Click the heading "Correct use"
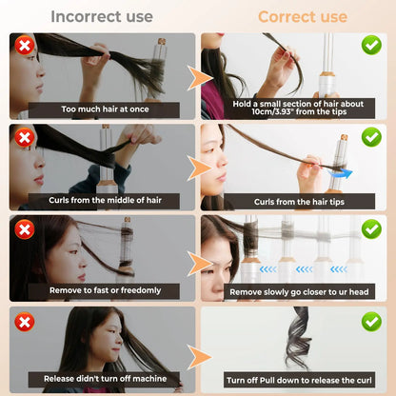(302, 16)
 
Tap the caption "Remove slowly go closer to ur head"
(292, 290)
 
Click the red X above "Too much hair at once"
(25, 45)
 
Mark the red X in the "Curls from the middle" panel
(25, 137)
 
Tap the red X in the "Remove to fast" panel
(25, 228)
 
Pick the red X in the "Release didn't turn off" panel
(25, 321)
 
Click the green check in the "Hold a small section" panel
(371, 45)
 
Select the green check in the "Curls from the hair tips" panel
(371, 137)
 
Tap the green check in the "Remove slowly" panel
(371, 228)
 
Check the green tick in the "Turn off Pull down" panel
(371, 321)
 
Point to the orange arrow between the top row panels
(198, 78)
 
